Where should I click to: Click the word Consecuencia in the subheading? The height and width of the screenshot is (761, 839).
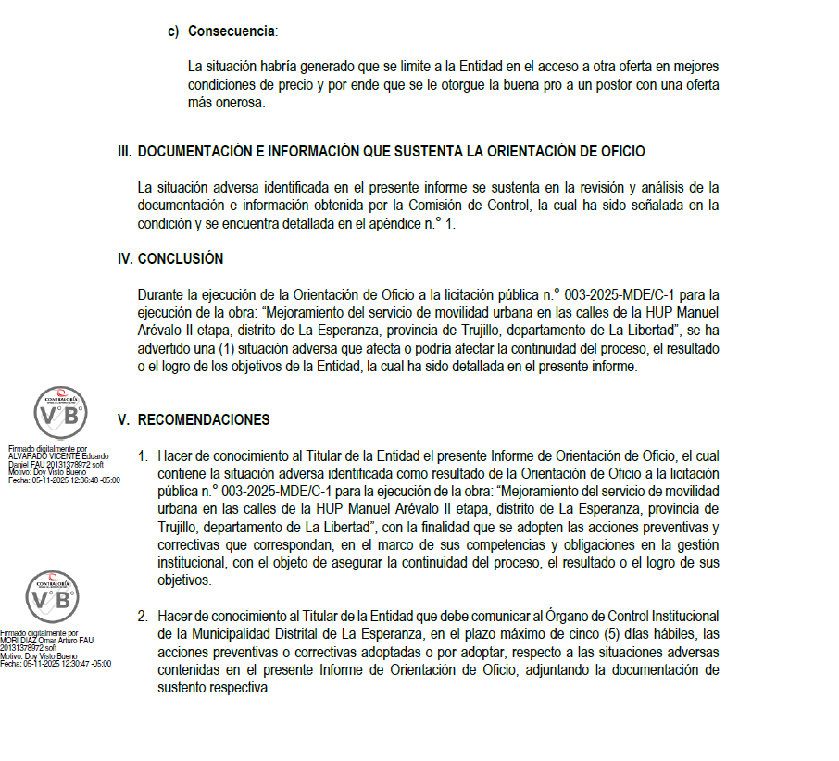coord(232,31)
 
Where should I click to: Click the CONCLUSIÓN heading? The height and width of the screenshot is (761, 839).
coord(181,259)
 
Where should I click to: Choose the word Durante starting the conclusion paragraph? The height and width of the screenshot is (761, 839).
coord(160,295)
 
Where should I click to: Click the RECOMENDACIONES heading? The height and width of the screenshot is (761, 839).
coord(204,420)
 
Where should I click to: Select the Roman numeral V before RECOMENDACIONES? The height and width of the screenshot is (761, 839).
coord(121,420)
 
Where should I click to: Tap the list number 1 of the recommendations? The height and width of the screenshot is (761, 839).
coord(143,456)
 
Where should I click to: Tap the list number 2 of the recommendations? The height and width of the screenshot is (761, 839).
coord(143,617)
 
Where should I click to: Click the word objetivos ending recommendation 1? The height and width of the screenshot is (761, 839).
coord(185,581)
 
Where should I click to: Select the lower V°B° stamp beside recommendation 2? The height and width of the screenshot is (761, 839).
coord(52,597)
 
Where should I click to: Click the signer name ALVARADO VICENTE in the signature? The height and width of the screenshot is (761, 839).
coord(44,456)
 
